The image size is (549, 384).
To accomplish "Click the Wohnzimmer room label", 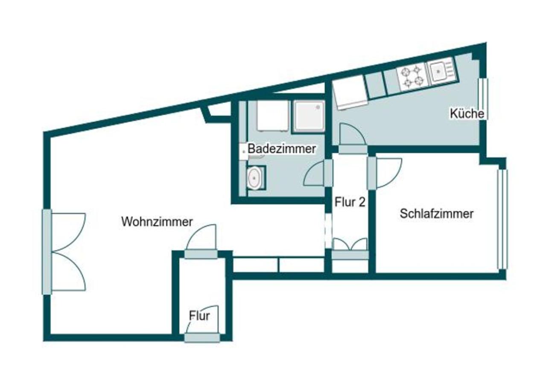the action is [x=157, y=222].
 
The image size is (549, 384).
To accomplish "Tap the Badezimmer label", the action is [x=282, y=149].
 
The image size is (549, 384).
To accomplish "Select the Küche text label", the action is [x=467, y=113].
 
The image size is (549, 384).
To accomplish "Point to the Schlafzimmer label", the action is [x=436, y=214].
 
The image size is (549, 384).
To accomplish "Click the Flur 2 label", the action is [x=350, y=202].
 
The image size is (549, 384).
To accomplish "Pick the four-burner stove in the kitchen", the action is [x=413, y=76].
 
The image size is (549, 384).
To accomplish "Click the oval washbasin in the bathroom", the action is [x=254, y=178].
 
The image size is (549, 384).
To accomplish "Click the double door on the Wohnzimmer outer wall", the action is [x=64, y=252].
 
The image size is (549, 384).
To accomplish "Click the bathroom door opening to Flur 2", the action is [x=318, y=173].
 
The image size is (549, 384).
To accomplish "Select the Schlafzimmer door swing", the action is [x=384, y=173].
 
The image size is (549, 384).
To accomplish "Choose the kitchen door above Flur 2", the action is [x=353, y=139].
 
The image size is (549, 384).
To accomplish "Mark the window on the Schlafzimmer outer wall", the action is [x=502, y=219].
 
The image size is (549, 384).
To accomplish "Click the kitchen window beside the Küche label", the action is [x=483, y=99].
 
